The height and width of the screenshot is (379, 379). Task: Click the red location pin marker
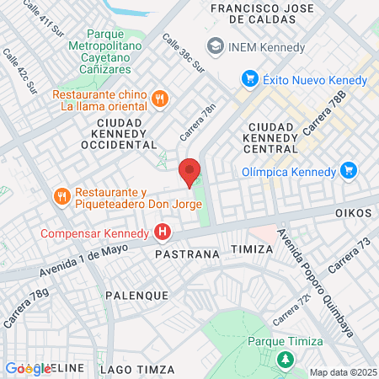(189, 172)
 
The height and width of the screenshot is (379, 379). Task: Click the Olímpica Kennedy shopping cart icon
(349, 171)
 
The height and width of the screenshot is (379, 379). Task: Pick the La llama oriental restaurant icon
(159, 99)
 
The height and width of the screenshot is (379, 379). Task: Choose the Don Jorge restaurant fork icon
(61, 197)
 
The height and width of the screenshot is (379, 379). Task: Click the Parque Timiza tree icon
(286, 360)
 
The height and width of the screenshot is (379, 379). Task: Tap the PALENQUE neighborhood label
(137, 296)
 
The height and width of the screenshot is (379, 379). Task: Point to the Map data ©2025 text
(343, 372)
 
